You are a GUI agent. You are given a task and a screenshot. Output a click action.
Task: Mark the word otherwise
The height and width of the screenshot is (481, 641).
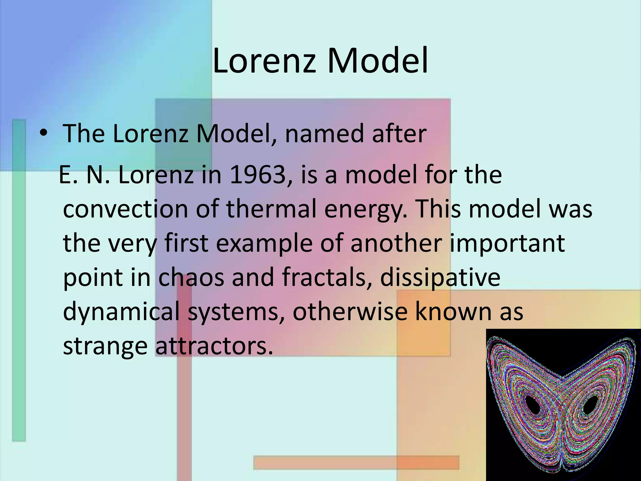[350, 312]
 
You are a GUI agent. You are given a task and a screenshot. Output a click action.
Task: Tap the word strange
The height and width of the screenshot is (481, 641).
[105, 346]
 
